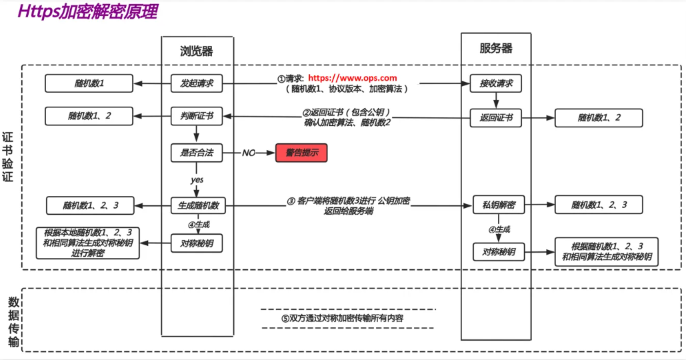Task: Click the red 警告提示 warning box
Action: (x=302, y=153)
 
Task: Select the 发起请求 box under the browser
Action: (x=196, y=84)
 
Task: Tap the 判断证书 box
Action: (x=196, y=116)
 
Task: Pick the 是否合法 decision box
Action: (x=196, y=153)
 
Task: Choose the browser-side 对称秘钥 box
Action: (x=196, y=243)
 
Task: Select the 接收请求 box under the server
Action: (x=495, y=84)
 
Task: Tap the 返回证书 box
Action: (x=495, y=118)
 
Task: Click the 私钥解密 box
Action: (x=495, y=205)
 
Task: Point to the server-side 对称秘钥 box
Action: (x=495, y=251)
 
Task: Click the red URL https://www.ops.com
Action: (x=352, y=78)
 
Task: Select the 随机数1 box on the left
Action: (x=89, y=84)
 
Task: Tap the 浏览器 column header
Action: (x=197, y=51)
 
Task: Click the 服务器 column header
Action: (x=496, y=49)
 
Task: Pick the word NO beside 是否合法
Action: (x=249, y=153)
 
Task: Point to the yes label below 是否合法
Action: (x=197, y=180)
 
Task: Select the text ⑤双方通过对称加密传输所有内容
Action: (x=347, y=318)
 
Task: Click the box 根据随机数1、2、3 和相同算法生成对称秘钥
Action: (x=606, y=251)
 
